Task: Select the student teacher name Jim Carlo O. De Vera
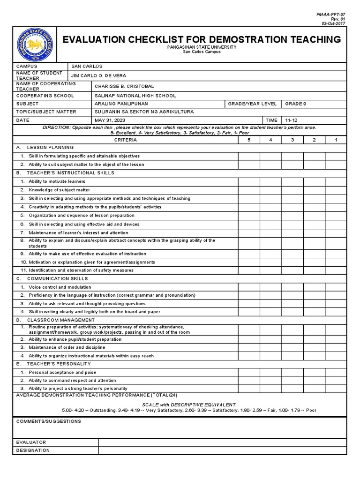(x=98, y=75)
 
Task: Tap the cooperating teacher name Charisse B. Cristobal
(x=124, y=86)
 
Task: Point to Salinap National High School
(x=135, y=95)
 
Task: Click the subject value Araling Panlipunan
(x=121, y=104)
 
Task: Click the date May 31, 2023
(x=111, y=120)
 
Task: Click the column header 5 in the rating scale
(x=248, y=140)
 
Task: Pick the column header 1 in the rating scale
(x=336, y=140)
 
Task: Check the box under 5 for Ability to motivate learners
(x=248, y=181)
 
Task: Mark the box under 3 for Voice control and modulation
(x=292, y=287)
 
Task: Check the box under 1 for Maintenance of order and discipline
(x=336, y=347)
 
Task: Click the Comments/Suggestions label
(x=49, y=421)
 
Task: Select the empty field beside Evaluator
(x=222, y=442)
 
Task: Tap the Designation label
(x=33, y=450)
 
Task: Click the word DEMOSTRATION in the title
(x=225, y=40)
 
